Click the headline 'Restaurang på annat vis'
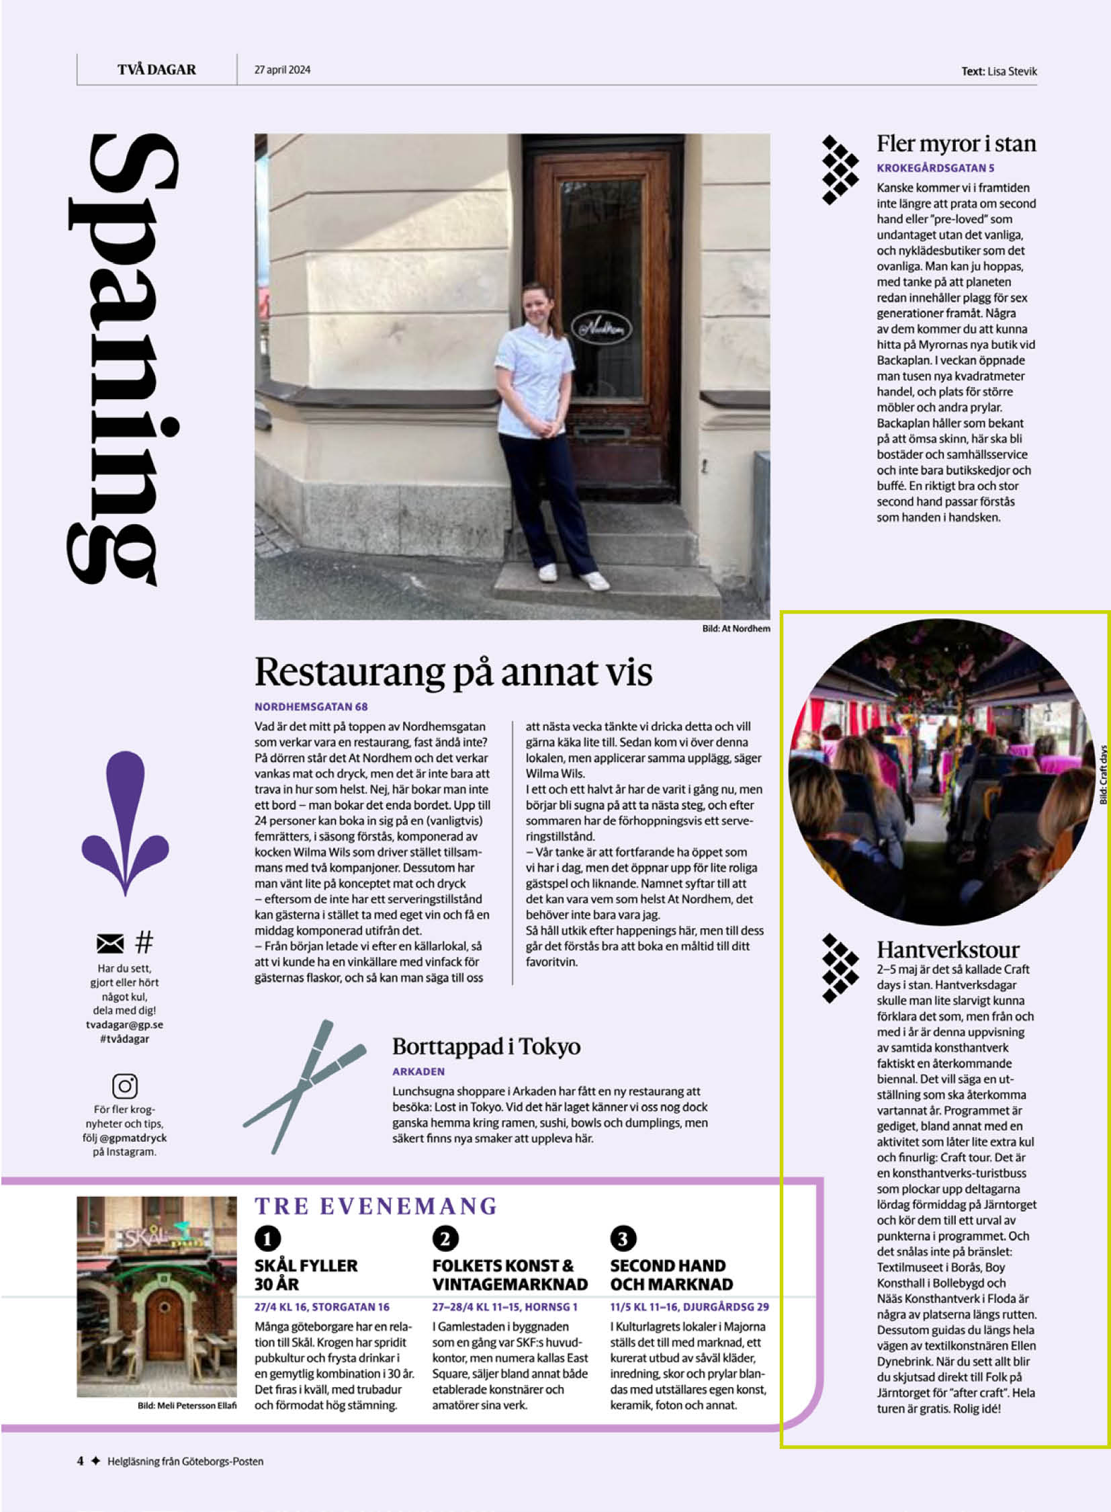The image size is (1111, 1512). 453,671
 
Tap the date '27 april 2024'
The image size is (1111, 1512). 282,69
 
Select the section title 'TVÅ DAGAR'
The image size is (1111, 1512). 157,69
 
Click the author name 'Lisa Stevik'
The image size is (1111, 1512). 1012,71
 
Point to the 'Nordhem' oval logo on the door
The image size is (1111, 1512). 601,328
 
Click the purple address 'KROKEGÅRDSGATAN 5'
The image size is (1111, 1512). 935,167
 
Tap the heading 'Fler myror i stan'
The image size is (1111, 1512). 955,144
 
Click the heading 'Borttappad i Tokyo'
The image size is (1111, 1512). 486,1046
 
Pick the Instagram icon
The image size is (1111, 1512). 124,1085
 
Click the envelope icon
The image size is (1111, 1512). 110,943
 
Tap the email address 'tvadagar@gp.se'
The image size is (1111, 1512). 124,1024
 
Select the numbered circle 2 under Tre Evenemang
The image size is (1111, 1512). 445,1238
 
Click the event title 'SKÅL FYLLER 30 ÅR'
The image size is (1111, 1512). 306,1275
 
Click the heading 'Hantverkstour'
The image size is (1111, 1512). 948,950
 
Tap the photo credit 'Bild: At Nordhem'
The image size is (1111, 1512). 736,628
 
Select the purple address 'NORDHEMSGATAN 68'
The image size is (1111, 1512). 311,706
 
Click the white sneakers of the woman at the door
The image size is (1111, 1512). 572,575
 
